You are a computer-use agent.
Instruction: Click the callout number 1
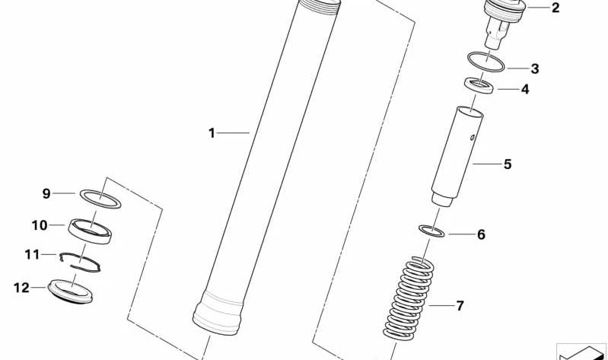pos(212,133)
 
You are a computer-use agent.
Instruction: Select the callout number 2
pos(555,8)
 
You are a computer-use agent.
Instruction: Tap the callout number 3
pos(535,68)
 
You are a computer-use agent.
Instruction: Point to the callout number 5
pos(508,164)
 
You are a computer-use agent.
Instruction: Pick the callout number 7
pos(460,306)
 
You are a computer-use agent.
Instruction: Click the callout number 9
pos(46,193)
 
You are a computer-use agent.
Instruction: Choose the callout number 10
pos(39,225)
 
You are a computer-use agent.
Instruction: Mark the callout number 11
pos(32,254)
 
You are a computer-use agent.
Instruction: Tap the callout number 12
pos(22,288)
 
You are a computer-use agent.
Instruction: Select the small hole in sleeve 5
pos(472,137)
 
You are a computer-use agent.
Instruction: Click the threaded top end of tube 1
pos(319,7)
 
